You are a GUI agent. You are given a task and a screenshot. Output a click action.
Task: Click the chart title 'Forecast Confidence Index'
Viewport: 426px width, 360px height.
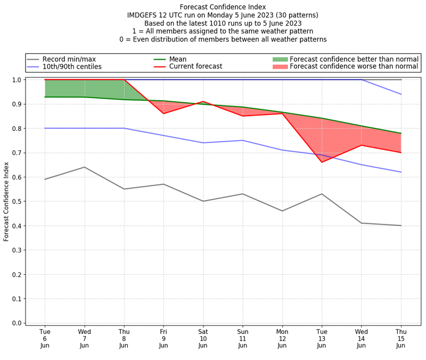223,7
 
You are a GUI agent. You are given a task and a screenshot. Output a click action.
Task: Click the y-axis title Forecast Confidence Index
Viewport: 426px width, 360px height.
6,201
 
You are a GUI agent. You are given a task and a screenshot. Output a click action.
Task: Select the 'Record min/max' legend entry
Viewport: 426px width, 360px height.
69,59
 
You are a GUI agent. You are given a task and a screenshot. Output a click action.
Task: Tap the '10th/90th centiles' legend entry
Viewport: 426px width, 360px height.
72,67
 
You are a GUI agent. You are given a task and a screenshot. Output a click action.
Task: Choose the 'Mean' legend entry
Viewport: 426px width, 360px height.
185,59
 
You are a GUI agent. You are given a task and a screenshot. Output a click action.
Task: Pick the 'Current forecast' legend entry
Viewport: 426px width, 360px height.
195,67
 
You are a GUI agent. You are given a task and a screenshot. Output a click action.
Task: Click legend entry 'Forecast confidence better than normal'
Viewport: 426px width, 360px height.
354,59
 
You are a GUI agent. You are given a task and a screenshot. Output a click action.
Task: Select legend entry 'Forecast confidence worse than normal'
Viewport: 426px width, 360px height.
354,67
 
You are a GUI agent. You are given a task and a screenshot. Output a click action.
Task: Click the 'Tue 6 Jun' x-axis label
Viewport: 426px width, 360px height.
45,338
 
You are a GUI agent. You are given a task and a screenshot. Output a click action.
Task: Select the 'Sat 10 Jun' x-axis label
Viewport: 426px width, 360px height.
203,338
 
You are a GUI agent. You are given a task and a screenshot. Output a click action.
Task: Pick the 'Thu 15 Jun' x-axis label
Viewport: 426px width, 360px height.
400,338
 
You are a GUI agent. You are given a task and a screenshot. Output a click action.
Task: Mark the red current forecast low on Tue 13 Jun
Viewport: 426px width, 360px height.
322,162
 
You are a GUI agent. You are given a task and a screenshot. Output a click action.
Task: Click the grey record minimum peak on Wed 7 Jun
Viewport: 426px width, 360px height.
84,167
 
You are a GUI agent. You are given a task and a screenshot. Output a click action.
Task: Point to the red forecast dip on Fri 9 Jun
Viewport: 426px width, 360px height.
163,113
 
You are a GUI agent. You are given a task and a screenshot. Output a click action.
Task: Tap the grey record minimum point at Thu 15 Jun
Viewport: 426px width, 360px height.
400,225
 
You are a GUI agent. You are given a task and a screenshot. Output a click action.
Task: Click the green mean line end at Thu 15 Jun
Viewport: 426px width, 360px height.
400,133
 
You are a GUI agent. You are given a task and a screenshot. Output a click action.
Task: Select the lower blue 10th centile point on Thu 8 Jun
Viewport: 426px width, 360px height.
124,128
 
